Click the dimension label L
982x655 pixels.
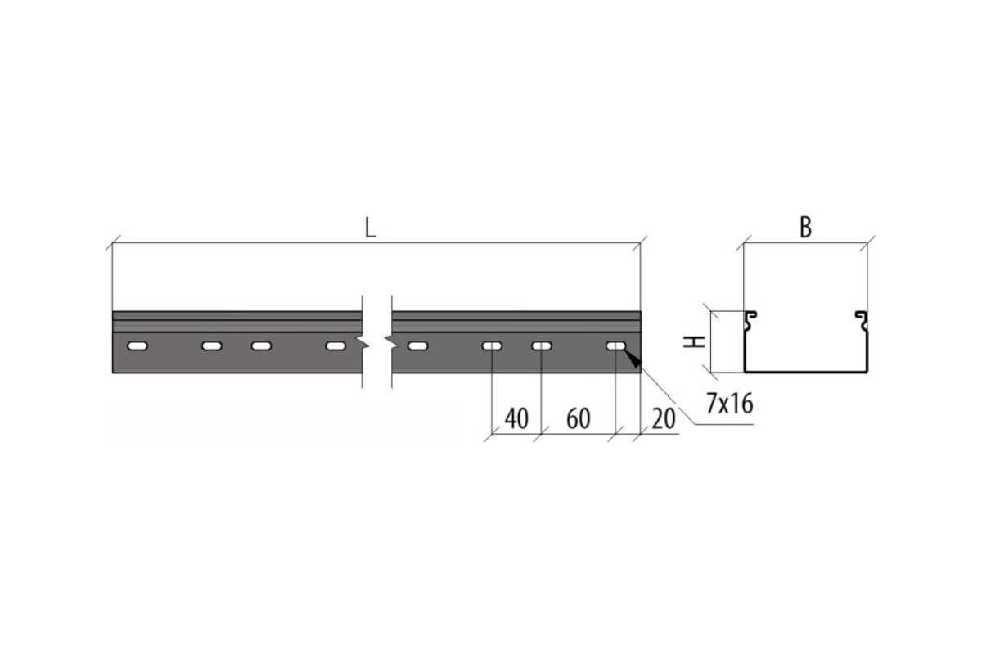coord(371,228)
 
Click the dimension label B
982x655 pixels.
coord(806,228)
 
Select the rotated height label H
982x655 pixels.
coord(695,341)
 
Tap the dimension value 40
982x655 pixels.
coord(516,418)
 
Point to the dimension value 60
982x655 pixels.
coord(579,418)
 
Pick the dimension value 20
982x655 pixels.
coord(664,418)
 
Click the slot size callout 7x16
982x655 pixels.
coord(730,404)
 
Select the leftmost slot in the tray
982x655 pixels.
coord(137,346)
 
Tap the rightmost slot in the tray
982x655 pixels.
coord(616,346)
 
